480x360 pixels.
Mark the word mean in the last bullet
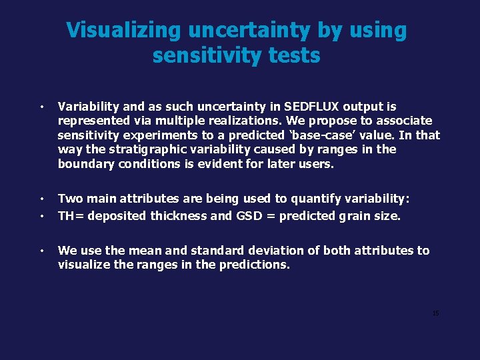pyautogui.click(x=144, y=251)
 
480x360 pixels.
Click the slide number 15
pyautogui.click(x=435, y=313)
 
